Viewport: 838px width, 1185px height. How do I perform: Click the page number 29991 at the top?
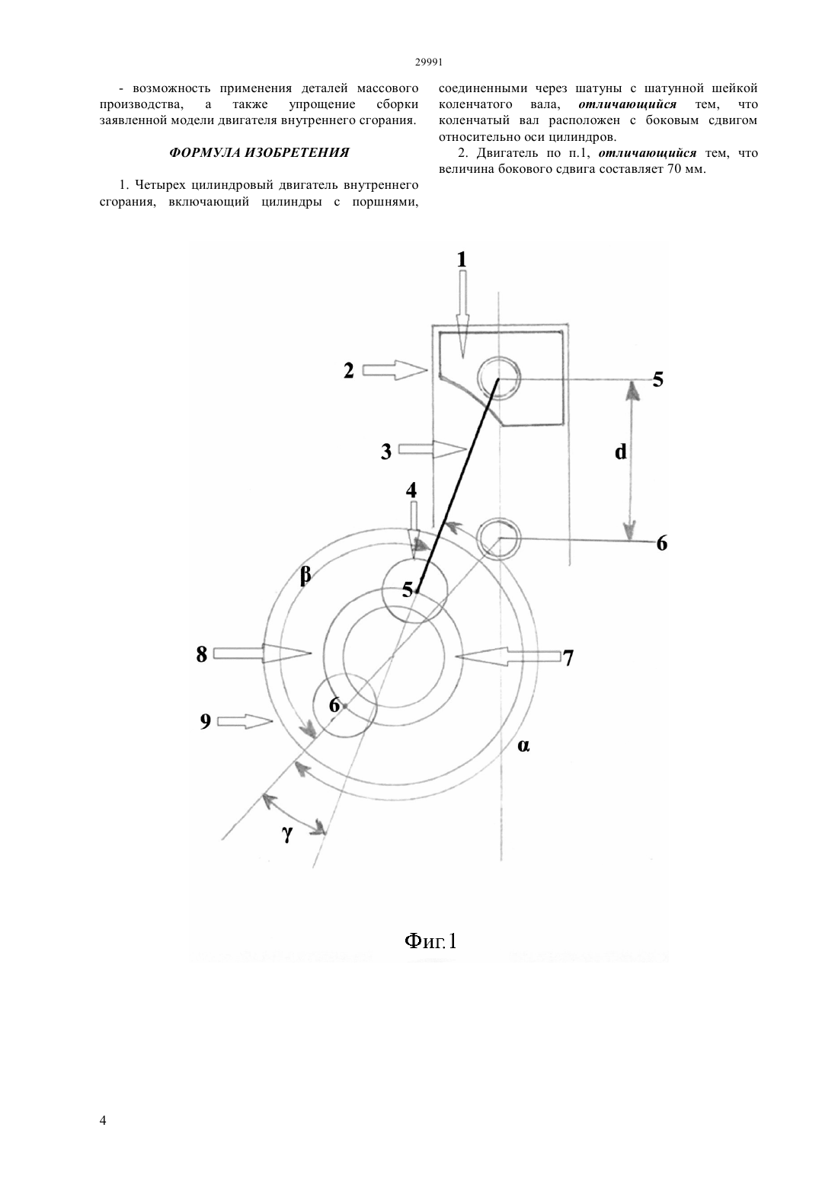[x=428, y=62]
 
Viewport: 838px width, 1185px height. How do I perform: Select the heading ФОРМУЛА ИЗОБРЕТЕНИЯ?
[x=259, y=153]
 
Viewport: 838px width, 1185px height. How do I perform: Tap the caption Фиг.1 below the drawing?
[x=430, y=941]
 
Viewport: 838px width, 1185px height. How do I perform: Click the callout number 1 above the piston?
[x=462, y=260]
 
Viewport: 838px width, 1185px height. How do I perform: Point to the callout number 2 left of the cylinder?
[x=349, y=371]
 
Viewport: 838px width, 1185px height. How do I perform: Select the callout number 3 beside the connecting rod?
[x=386, y=452]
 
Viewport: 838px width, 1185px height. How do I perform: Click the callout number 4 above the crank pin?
[x=411, y=490]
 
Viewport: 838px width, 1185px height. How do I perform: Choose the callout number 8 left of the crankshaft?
[x=202, y=655]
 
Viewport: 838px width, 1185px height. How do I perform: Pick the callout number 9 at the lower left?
[x=205, y=721]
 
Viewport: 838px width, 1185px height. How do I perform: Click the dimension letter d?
[x=621, y=452]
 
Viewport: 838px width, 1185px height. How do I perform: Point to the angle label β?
[x=305, y=576]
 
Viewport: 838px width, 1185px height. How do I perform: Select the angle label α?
[x=523, y=746]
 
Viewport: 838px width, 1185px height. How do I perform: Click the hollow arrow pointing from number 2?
[x=395, y=371]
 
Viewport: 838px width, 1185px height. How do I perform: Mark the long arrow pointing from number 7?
[x=507, y=656]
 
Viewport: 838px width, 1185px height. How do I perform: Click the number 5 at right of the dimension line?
[x=657, y=379]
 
